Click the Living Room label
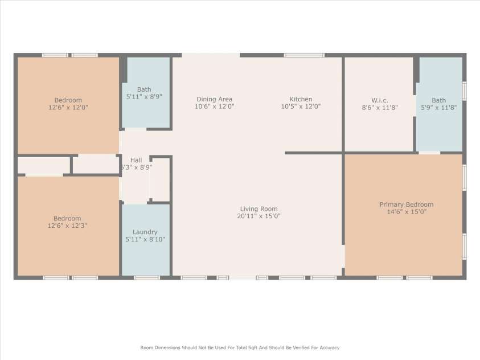pos(259,208)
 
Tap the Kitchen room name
pos(301,99)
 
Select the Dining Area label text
pos(214,99)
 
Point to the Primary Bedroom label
pos(406,204)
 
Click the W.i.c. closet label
pos(379,99)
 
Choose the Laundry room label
pos(145,232)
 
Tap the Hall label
pos(136,160)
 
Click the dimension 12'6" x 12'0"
pos(68,107)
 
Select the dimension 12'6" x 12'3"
pos(67,226)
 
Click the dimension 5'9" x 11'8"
pos(438,107)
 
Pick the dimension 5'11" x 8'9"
pos(144,97)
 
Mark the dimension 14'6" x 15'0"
pos(406,212)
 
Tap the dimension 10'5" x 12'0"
pos(301,107)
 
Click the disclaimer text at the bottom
pos(240,347)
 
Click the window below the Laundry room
pos(147,278)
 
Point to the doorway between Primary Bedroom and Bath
pos(429,153)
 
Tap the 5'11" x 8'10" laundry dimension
pos(145,240)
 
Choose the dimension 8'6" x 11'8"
pos(379,107)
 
